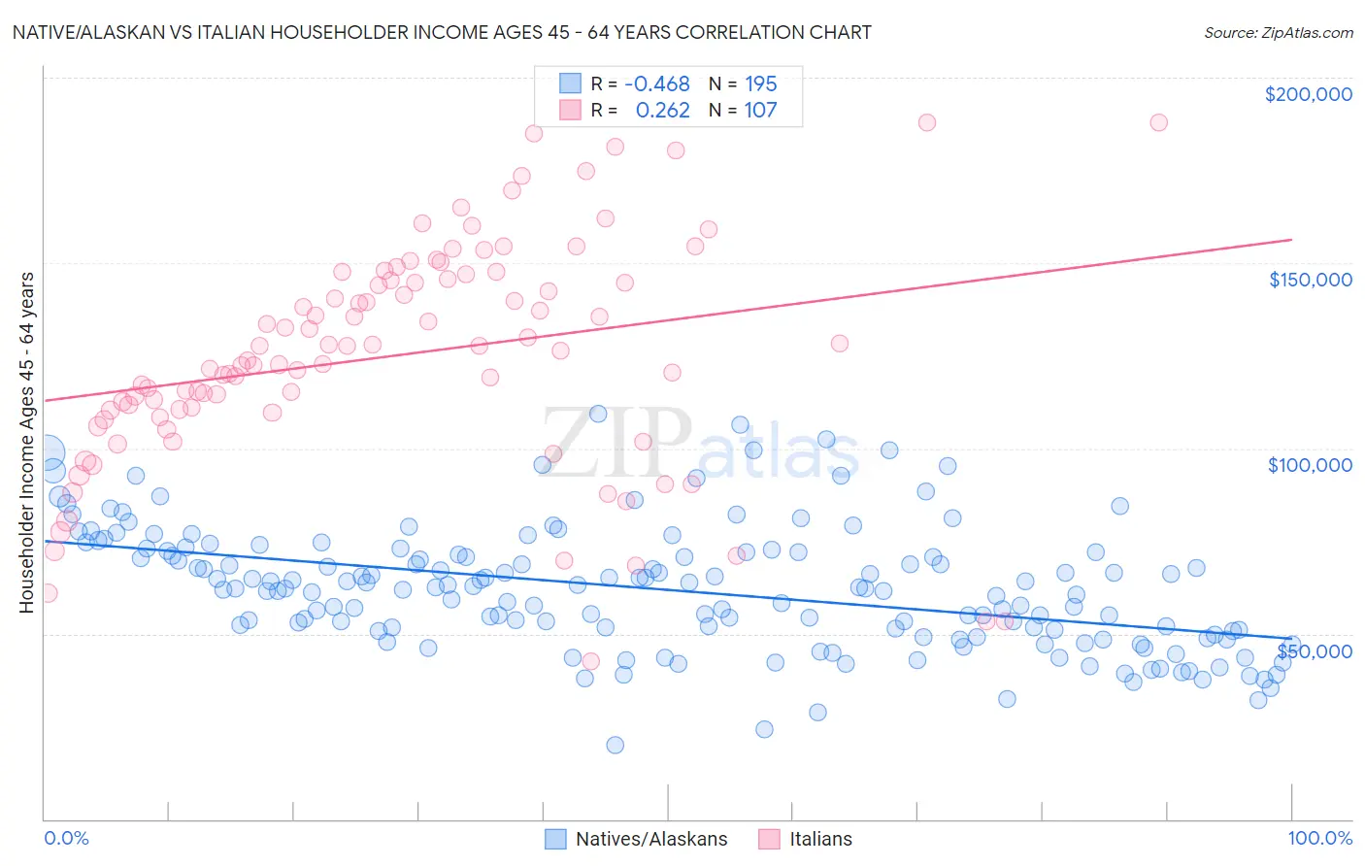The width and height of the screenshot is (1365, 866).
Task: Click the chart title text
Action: [x=442, y=32]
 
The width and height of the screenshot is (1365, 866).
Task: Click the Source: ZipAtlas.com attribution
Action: [x=1278, y=32]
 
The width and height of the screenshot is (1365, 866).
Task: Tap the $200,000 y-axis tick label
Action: [x=1308, y=94]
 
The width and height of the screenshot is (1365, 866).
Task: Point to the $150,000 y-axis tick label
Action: [x=1310, y=280]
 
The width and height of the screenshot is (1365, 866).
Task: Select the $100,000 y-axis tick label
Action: [x=1310, y=465]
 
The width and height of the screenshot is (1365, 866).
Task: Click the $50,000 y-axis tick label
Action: [x=1315, y=650]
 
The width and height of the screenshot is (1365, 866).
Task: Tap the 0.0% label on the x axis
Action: [x=66, y=838]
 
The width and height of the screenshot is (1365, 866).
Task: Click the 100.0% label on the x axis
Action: [x=1319, y=838]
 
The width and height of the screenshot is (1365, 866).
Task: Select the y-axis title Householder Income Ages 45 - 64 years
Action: [x=27, y=443]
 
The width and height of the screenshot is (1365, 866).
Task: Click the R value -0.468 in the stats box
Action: [x=657, y=83]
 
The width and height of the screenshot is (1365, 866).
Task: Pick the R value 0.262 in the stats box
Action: [x=662, y=110]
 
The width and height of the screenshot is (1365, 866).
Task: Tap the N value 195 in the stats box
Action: [x=760, y=83]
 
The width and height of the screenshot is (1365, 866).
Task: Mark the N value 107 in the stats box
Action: [x=760, y=110]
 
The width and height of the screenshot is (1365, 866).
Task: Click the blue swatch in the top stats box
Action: [x=570, y=83]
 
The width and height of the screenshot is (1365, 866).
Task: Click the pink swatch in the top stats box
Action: [x=570, y=110]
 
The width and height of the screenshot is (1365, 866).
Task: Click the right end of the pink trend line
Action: [x=1291, y=239]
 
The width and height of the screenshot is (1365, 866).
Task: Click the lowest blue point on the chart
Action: [x=615, y=745]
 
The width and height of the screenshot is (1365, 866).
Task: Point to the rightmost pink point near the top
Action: [x=1158, y=122]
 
